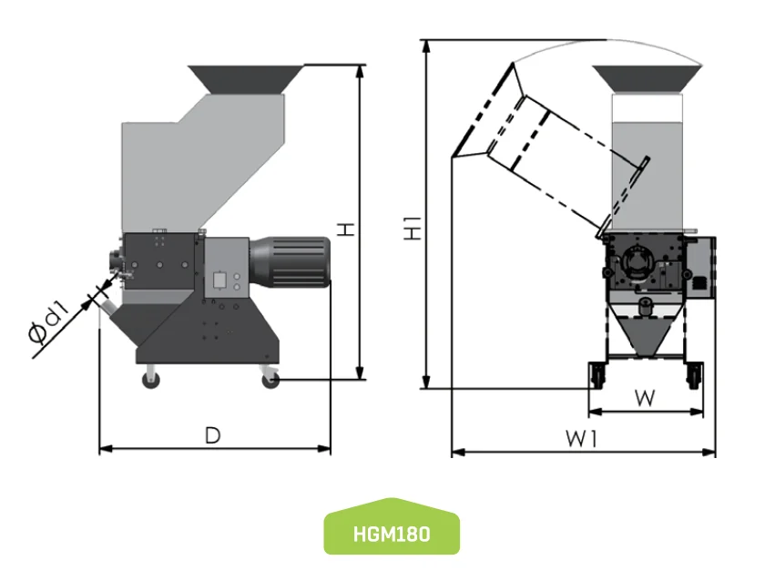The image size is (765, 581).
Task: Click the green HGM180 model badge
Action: (392, 527)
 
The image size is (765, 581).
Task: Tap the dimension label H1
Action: (413, 228)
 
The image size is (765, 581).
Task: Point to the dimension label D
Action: (212, 436)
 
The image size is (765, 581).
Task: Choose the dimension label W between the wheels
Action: (645, 397)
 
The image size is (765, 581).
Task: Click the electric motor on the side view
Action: (290, 261)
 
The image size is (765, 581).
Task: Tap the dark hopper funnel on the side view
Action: (245, 78)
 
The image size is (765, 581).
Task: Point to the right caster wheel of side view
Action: (270, 379)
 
